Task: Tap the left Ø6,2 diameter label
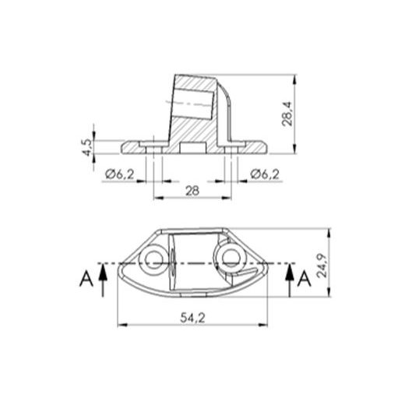pyautogui.click(x=119, y=173)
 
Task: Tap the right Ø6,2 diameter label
pyautogui.click(x=266, y=173)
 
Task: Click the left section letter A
pyautogui.click(x=85, y=279)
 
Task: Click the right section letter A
pyautogui.click(x=305, y=279)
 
